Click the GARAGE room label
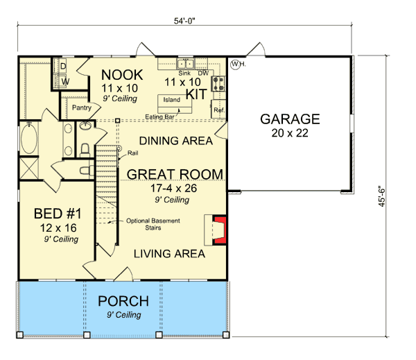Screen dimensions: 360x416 pyautogui.click(x=289, y=119)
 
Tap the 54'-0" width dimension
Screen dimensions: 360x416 pyautogui.click(x=187, y=20)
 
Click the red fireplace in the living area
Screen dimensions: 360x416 pyautogui.click(x=219, y=230)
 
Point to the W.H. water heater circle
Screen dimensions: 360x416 pyautogui.click(x=236, y=65)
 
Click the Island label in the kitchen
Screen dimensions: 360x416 pyautogui.click(x=171, y=99)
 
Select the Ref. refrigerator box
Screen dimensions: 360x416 pyautogui.click(x=218, y=110)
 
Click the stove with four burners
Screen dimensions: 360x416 pyautogui.click(x=218, y=85)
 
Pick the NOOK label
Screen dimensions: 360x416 pyautogui.click(x=122, y=74)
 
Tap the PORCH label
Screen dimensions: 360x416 pyautogui.click(x=123, y=301)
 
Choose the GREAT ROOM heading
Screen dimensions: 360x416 pyautogui.click(x=174, y=173)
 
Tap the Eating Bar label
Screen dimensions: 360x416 pyautogui.click(x=159, y=117)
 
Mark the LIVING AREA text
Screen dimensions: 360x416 pyautogui.click(x=169, y=254)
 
